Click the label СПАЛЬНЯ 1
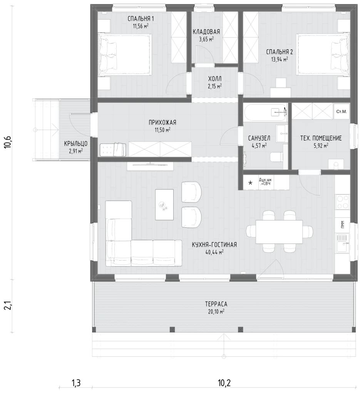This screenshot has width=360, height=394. [141, 18]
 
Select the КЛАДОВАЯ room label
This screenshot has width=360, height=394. [206, 32]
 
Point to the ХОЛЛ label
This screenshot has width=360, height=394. [215, 79]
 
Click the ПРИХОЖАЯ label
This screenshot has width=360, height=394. [162, 123]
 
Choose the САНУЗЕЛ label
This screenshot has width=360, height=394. [259, 138]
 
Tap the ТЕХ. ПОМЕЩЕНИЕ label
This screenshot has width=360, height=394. [321, 138]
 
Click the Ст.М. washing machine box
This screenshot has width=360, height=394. [342, 111]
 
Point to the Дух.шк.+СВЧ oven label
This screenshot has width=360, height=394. [265, 182]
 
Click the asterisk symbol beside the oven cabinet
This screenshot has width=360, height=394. [250, 183]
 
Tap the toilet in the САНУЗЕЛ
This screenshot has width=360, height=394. [276, 157]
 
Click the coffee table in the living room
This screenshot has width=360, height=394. [164, 205]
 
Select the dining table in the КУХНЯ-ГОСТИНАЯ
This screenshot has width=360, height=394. [279, 232]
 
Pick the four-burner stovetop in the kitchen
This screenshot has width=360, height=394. [342, 202]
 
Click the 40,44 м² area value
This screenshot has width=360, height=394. [214, 252]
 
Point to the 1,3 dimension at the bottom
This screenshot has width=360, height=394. [76, 383]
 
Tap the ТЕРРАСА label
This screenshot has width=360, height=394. [216, 304]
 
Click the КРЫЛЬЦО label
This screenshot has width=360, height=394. [76, 144]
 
